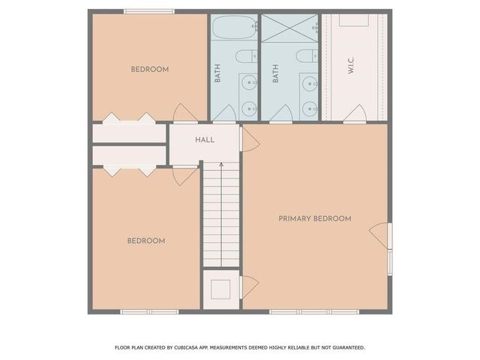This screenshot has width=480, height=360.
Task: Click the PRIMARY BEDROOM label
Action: [x=315, y=218]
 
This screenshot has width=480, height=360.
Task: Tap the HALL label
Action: [x=205, y=140]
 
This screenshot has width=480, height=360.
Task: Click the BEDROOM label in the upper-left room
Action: [x=150, y=69]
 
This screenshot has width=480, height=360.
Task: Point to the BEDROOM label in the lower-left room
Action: [x=145, y=241]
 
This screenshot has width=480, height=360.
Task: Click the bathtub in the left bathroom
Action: [x=234, y=28]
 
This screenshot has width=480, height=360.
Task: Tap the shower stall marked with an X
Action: [x=289, y=28]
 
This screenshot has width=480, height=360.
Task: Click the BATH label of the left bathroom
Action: [x=217, y=73]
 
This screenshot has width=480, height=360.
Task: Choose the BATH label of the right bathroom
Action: [x=276, y=73]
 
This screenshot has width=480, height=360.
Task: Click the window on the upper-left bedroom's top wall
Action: [x=149, y=10]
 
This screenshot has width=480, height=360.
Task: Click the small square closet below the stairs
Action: [x=221, y=289]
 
